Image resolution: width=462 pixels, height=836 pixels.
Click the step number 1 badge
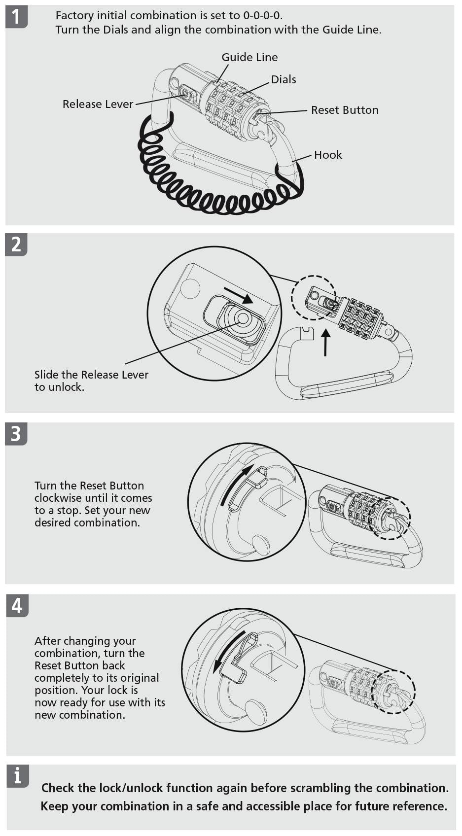(16, 17)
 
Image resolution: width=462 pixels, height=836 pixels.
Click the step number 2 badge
(16, 245)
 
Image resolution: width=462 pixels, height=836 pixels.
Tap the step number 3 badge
(16, 434)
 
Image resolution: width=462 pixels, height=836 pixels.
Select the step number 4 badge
(17, 606)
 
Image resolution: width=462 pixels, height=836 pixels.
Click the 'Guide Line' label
(249, 57)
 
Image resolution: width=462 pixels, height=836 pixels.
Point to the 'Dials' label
(284, 79)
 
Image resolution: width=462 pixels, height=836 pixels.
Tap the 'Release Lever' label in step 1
(98, 104)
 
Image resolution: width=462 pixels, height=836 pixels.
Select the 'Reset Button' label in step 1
(345, 110)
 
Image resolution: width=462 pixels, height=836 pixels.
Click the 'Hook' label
(328, 155)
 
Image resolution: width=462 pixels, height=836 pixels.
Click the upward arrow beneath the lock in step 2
(326, 342)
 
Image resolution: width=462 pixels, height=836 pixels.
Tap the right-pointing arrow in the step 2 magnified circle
(239, 295)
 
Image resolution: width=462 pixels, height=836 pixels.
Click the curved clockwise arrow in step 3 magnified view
(234, 485)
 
